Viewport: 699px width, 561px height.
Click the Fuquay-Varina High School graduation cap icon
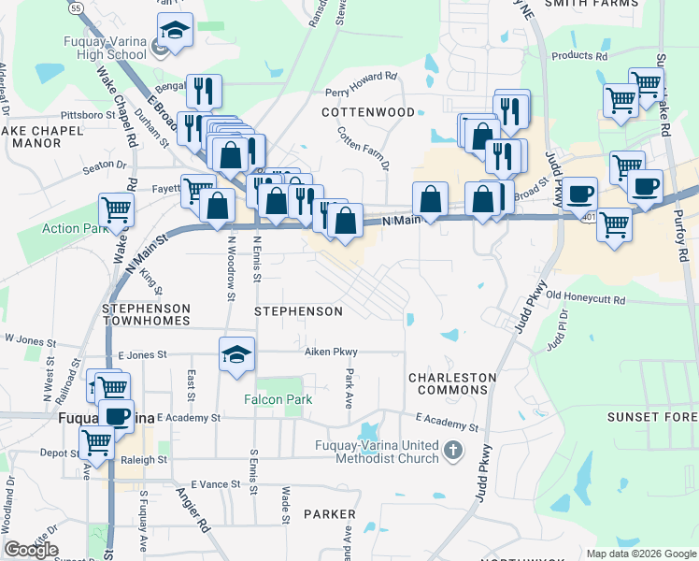[175, 31]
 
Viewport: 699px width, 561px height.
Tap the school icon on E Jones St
[237, 353]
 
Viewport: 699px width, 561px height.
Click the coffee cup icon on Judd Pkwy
[579, 194]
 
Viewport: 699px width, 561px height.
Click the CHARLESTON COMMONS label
[452, 385]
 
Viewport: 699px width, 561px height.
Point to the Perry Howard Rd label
[361, 84]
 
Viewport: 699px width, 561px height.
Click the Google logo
[30, 550]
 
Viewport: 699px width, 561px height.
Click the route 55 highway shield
[76, 7]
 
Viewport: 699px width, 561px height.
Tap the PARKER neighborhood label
[329, 514]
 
